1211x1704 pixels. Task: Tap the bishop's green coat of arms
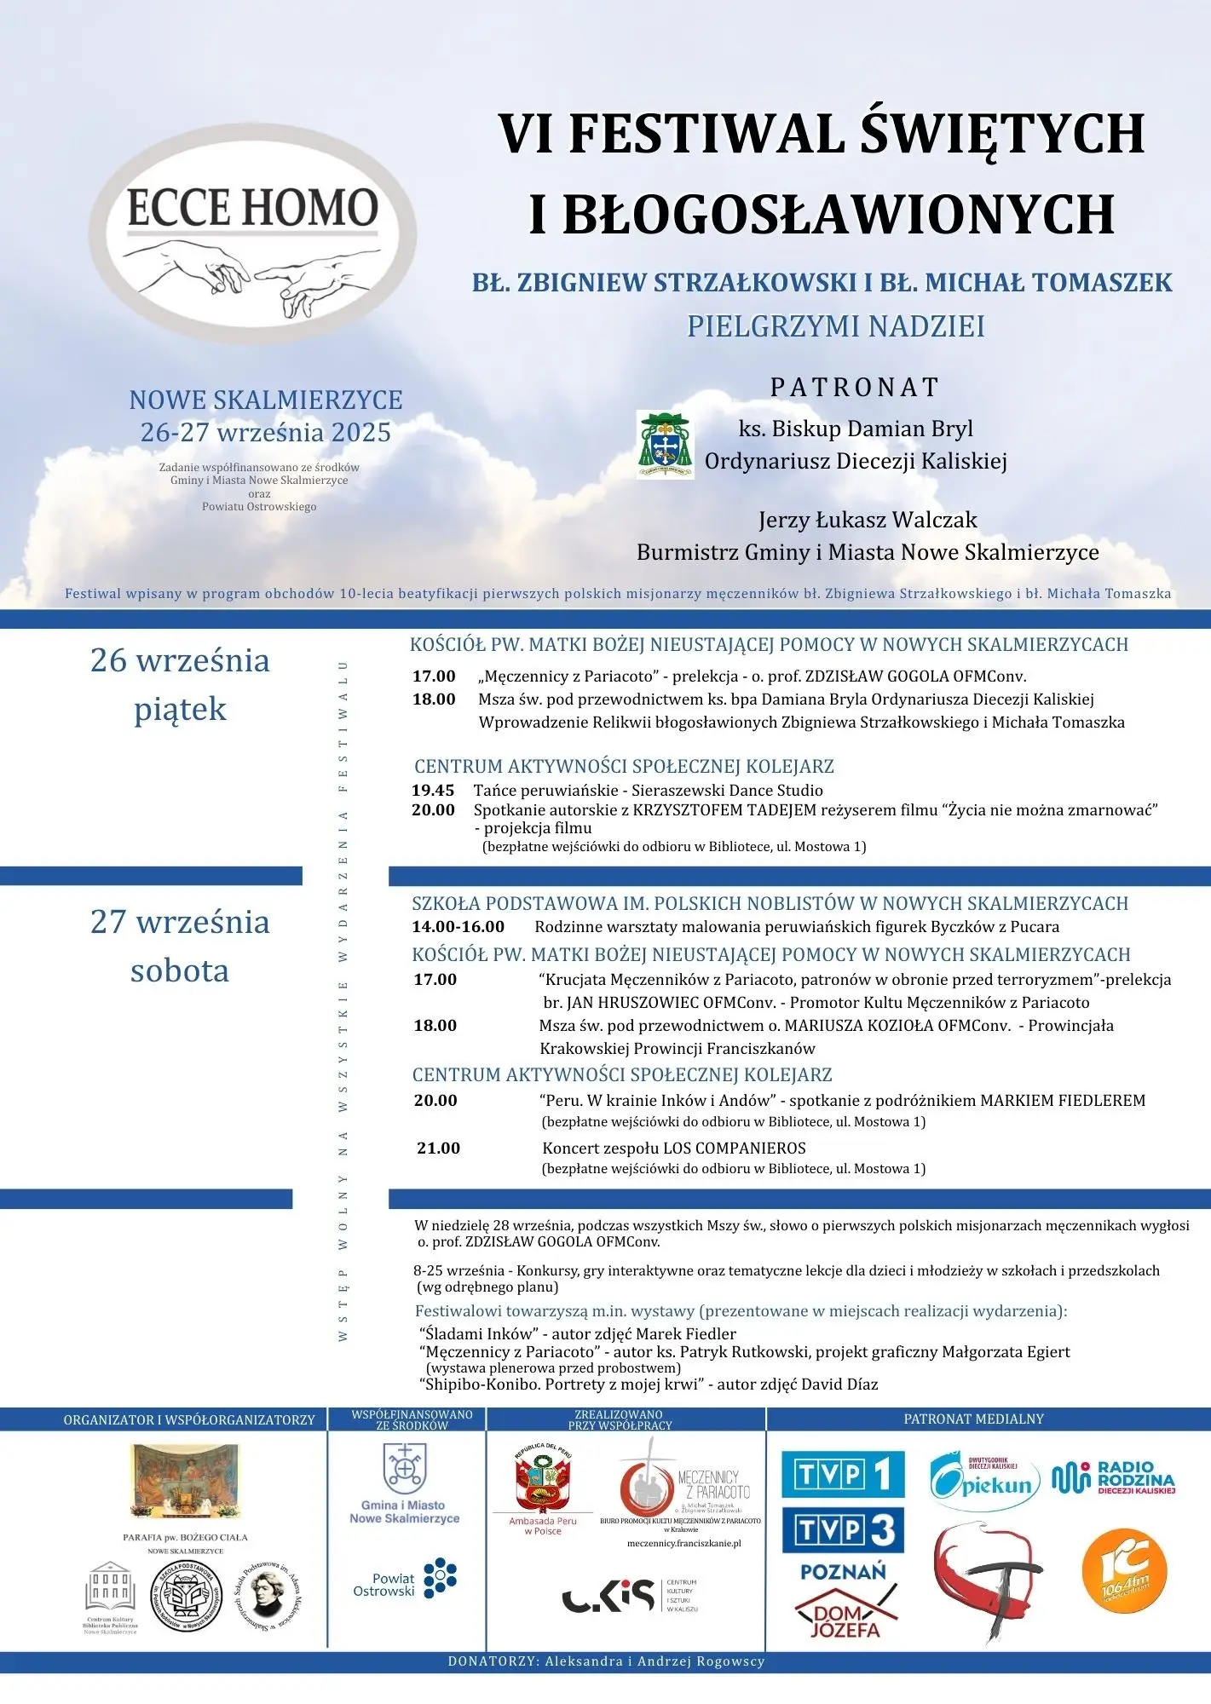point(665,445)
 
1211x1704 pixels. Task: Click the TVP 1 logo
point(843,1475)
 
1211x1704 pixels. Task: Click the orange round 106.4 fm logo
point(1123,1569)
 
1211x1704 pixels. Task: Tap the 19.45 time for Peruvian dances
point(433,790)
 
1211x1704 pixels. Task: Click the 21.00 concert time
point(438,1148)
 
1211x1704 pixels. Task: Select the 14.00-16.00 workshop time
point(458,926)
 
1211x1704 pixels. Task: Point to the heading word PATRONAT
point(855,387)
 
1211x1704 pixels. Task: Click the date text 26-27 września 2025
point(265,432)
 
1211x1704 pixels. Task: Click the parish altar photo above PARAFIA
point(185,1481)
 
